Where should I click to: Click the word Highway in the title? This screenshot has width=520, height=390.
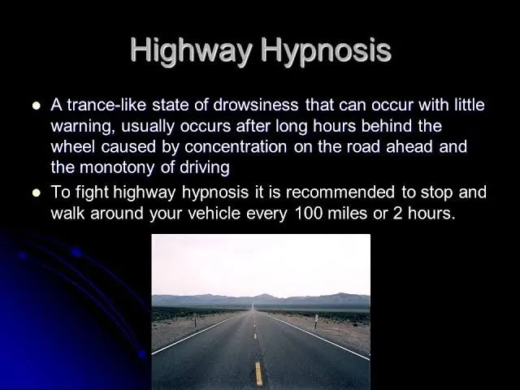[x=192, y=51]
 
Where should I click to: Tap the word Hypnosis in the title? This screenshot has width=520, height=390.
[x=326, y=51]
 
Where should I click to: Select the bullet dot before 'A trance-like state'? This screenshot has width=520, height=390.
[x=37, y=106]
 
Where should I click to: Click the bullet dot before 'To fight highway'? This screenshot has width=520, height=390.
[x=37, y=193]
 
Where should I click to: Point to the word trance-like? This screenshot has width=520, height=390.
[x=106, y=105]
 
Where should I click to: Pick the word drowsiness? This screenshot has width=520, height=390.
[x=256, y=105]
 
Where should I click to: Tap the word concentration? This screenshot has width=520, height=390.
[x=236, y=146]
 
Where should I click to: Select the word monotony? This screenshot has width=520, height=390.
[x=117, y=168]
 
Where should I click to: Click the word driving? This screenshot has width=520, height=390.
[x=205, y=168]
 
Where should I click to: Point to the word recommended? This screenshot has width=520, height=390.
[x=340, y=193]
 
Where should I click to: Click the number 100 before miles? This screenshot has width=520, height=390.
[x=309, y=213]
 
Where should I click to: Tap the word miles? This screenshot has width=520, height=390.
[x=347, y=213]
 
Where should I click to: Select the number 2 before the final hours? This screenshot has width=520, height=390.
[x=397, y=213]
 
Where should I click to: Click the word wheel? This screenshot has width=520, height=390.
[x=73, y=146]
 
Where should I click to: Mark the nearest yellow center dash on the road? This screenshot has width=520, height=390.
[x=258, y=374]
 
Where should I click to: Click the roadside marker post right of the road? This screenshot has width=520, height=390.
[x=316, y=322]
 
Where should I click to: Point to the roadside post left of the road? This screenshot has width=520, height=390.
[x=195, y=320]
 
